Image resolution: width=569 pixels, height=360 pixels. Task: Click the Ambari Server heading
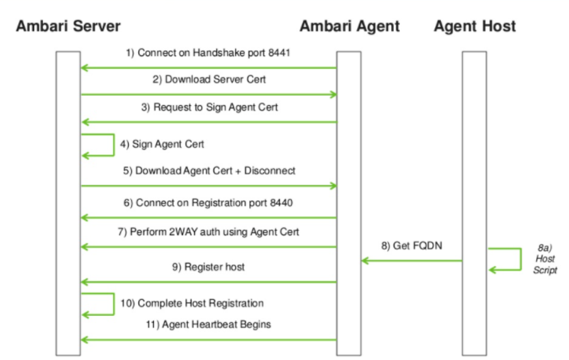click(68, 26)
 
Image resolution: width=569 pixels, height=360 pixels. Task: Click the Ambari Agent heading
click(349, 26)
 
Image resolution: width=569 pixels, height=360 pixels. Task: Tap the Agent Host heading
click(474, 26)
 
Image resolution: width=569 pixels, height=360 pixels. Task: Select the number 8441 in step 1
click(279, 53)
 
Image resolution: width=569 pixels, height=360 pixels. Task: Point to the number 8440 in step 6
click(281, 202)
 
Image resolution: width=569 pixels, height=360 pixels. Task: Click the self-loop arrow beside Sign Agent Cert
click(114, 145)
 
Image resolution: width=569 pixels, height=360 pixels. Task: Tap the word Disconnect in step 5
click(269, 171)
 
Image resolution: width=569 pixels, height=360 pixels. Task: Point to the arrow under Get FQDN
click(412, 260)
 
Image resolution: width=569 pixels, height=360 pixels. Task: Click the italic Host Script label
click(545, 259)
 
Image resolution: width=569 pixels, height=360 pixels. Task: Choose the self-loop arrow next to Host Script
click(520, 259)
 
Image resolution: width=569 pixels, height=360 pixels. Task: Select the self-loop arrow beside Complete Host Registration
click(114, 304)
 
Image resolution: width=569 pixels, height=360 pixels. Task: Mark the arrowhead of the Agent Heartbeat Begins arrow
click(84, 340)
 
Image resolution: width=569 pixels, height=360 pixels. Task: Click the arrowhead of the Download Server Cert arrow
click(333, 95)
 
